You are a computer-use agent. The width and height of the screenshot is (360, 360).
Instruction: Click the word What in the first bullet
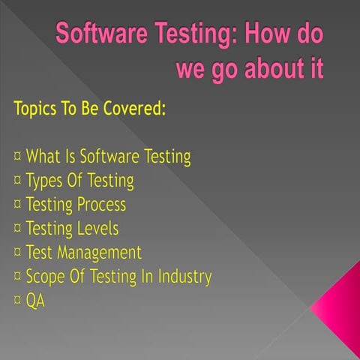pyautogui.click(x=45, y=157)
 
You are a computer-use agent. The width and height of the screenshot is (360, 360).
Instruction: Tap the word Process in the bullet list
pyautogui.click(x=102, y=205)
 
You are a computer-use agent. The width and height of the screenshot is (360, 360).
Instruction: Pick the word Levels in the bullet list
pyautogui.click(x=97, y=229)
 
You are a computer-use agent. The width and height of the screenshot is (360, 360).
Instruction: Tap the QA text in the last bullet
pyautogui.click(x=35, y=301)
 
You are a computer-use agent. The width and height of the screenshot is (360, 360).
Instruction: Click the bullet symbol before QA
pyautogui.click(x=16, y=301)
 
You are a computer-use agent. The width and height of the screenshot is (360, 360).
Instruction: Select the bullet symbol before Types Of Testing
pyautogui.click(x=16, y=181)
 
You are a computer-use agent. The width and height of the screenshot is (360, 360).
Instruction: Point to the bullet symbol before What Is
pyautogui.click(x=16, y=157)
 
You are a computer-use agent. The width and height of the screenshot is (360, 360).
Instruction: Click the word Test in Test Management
pyautogui.click(x=41, y=253)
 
